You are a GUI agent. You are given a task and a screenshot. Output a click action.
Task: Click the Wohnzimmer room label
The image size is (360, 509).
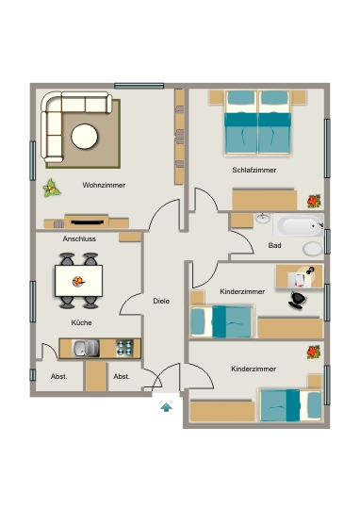104,185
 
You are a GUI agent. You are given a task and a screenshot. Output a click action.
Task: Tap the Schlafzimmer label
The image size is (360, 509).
254,170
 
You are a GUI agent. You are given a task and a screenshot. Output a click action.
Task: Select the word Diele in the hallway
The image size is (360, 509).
161,301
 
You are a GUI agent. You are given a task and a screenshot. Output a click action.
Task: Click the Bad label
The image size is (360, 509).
274,245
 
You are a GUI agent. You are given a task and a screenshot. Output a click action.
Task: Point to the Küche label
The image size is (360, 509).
81,322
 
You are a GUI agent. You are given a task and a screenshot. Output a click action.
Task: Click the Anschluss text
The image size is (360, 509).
79,238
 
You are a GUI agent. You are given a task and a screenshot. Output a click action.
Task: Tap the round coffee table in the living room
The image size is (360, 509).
85,137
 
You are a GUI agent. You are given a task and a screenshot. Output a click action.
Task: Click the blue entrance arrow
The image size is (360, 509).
166,407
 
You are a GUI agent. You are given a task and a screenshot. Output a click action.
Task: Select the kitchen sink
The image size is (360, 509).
86,348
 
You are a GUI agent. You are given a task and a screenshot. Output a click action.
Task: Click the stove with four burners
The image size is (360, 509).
124,348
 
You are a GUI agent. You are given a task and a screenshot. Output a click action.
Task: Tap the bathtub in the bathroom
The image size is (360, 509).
298,225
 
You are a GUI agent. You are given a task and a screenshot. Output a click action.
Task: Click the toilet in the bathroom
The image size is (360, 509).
313,249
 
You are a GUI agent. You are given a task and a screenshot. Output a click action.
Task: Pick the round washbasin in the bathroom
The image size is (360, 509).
263,218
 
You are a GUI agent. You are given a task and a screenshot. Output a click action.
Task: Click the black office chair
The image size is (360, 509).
298,301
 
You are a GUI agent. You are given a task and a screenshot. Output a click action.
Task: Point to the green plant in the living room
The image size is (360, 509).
52,189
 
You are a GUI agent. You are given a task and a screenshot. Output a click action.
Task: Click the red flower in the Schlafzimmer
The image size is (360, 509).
314,202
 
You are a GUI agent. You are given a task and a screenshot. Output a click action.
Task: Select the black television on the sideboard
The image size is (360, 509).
88,222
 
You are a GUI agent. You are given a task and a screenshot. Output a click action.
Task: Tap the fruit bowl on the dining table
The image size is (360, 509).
78,282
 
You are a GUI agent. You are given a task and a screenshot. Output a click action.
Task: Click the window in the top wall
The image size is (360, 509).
139,86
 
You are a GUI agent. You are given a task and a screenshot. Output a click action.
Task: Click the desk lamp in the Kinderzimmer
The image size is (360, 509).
309,271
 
